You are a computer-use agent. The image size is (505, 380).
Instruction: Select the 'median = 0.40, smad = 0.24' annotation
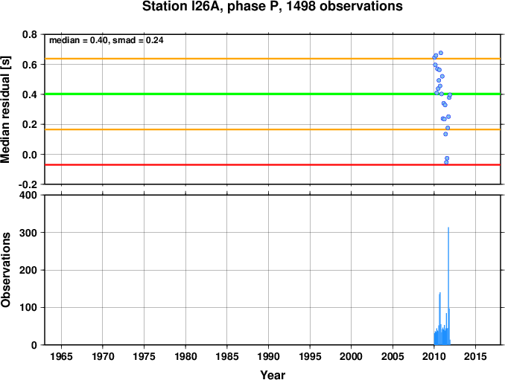[107, 40]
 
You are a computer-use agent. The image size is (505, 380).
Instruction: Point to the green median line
[273, 94]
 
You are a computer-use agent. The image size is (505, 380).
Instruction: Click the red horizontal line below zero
[273, 165]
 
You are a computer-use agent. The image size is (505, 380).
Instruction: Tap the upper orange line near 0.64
[273, 59]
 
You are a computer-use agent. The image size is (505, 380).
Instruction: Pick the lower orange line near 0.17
[273, 129]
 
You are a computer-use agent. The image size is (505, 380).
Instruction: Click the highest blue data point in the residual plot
[441, 53]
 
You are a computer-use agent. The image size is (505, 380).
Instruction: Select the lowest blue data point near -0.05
[446, 162]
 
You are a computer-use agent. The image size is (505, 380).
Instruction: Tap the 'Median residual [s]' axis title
[6, 110]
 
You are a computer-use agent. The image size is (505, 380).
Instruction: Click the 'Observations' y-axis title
[6, 269]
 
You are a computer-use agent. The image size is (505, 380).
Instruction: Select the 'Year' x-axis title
[273, 375]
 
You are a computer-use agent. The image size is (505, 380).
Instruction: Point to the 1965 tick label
[61, 356]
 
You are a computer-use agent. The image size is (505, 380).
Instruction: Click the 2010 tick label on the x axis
[433, 356]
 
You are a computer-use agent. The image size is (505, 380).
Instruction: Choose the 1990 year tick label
[268, 356]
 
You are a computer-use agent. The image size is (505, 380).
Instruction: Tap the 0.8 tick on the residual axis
[30, 34]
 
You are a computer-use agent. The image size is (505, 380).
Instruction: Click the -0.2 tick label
[28, 185]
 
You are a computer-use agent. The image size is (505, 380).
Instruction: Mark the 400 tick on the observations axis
[28, 196]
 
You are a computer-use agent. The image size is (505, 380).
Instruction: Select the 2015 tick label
[475, 356]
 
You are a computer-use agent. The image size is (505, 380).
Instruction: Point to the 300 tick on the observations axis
[28, 233]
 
